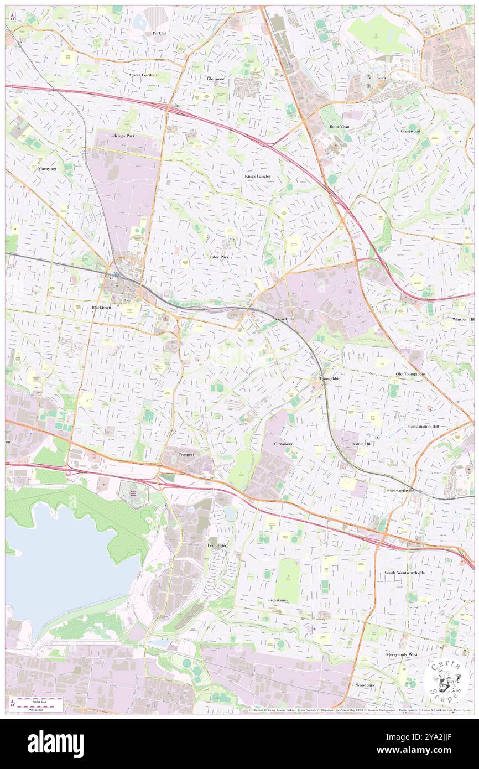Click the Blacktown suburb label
click(x=101, y=307)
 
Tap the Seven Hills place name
click(x=286, y=320)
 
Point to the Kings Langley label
click(x=258, y=176)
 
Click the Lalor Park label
click(x=219, y=257)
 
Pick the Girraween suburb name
click(x=284, y=444)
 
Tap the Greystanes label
click(x=277, y=600)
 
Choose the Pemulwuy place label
click(x=217, y=545)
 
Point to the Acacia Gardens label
click(x=143, y=75)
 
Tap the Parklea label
click(x=155, y=33)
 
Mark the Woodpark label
click(x=365, y=685)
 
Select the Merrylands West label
click(x=402, y=654)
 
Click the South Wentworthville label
click(x=405, y=573)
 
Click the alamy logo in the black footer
click(x=55, y=744)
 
